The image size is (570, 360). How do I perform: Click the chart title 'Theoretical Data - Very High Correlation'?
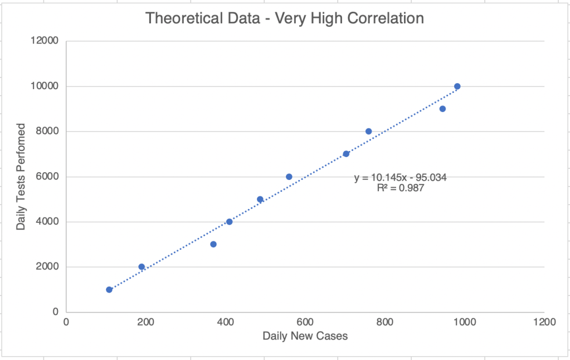pyautogui.click(x=285, y=18)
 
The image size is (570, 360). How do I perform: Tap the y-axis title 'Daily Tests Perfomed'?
pyautogui.click(x=21, y=176)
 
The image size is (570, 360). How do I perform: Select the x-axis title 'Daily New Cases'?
pyautogui.click(x=305, y=336)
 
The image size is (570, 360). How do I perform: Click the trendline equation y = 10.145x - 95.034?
pyautogui.click(x=401, y=178)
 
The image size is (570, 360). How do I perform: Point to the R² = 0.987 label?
pyautogui.click(x=401, y=188)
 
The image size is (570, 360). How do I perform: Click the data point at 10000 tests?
pyautogui.click(x=457, y=86)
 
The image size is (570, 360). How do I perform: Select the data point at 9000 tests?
pyautogui.click(x=442, y=109)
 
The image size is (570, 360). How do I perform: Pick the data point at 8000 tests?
pyautogui.click(x=368, y=132)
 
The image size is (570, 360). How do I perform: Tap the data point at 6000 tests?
pyautogui.click(x=289, y=177)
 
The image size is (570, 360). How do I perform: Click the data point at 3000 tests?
pyautogui.click(x=213, y=244)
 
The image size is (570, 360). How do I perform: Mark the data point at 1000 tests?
pyautogui.click(x=109, y=289)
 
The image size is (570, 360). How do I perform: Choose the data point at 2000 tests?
pyautogui.click(x=142, y=267)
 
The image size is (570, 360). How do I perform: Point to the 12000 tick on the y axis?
pyautogui.click(x=47, y=41)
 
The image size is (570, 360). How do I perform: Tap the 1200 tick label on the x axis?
pyautogui.click(x=543, y=322)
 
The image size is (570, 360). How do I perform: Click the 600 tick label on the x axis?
pyautogui.click(x=305, y=322)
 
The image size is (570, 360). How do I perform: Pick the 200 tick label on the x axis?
pyautogui.click(x=145, y=322)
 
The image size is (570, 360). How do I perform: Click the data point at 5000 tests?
pyautogui.click(x=260, y=199)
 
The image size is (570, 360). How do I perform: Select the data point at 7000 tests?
pyautogui.click(x=346, y=154)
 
